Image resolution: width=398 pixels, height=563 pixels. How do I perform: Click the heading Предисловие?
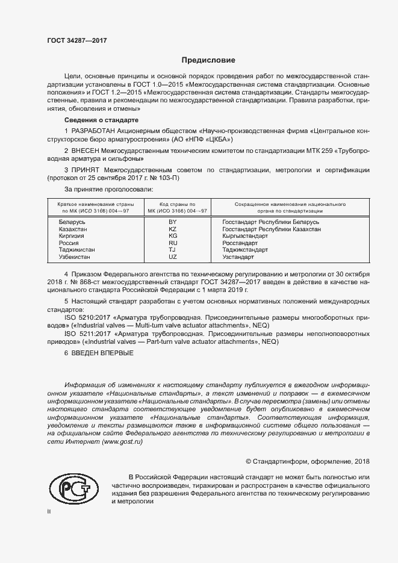208,60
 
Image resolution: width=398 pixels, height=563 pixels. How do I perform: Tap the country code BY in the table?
173,222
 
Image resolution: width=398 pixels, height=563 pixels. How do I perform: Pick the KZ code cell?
173,229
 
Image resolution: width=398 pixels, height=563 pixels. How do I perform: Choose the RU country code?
173,243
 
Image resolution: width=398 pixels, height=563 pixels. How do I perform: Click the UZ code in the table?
173,257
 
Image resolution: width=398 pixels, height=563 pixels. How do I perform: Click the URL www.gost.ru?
123,442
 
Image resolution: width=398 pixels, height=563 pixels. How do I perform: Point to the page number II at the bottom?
49,512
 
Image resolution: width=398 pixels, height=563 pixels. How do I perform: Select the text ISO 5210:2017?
84,316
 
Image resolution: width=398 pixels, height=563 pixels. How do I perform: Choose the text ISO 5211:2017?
84,333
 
